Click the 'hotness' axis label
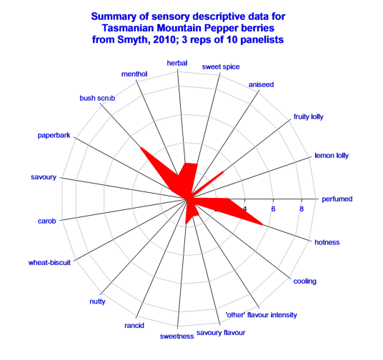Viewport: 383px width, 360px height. [327, 242]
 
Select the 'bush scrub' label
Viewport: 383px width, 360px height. [97, 98]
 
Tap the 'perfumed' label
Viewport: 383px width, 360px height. [337, 199]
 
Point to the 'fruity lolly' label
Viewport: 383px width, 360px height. [308, 116]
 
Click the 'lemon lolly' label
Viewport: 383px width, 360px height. [332, 156]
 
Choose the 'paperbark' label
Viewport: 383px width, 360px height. [54, 135]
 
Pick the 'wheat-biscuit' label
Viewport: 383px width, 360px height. [49, 263]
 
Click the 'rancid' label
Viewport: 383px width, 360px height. [134, 326]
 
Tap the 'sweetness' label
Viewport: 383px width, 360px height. [176, 336]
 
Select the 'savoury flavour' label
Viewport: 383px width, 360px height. [221, 333]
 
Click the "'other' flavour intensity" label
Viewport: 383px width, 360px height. [261, 315]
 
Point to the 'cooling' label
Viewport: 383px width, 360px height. [304, 281]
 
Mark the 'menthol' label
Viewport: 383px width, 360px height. [134, 74]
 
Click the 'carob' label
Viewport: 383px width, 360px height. [46, 221]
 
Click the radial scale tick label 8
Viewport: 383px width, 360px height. [302, 209]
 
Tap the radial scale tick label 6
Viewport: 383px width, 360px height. [273, 209]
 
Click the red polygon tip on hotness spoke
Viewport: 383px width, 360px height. [263, 224]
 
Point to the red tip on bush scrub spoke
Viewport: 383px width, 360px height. [140, 147]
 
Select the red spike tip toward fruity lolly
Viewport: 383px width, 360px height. [223, 172]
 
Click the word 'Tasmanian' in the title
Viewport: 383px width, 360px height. [128, 28]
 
